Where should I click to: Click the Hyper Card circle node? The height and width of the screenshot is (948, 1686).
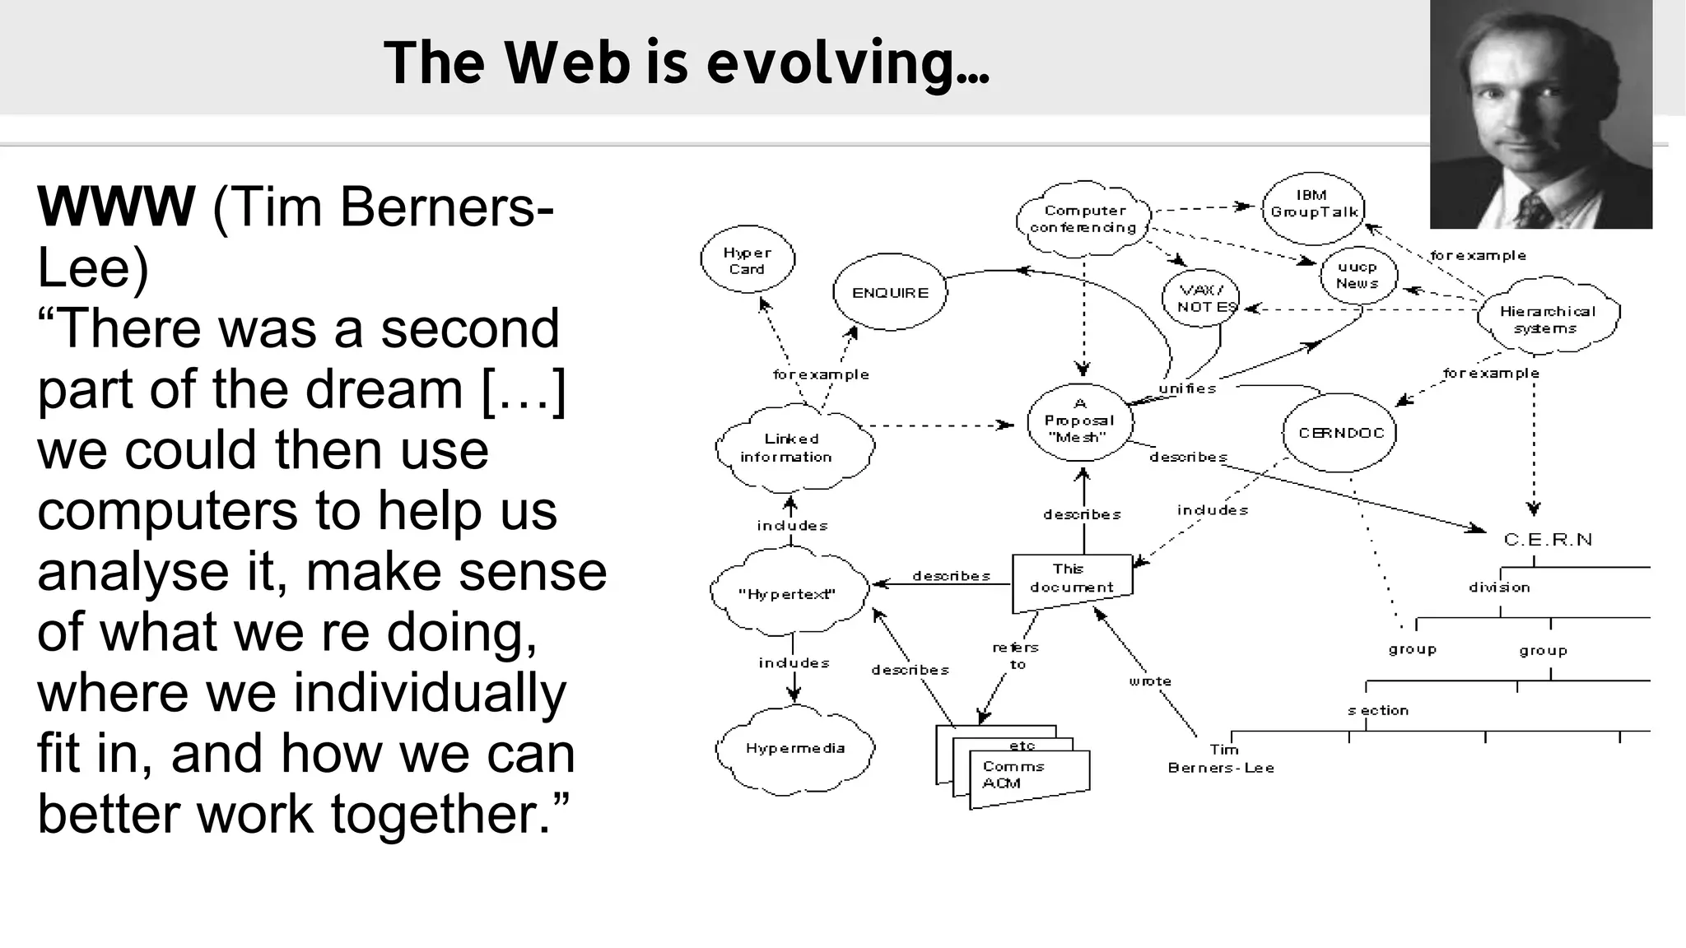748,260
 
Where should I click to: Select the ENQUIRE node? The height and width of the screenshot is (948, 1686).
890,293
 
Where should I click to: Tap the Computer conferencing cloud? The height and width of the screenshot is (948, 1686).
1083,219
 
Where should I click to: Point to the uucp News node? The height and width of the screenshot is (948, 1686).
1358,275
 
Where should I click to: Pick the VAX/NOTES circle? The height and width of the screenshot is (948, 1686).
1202,299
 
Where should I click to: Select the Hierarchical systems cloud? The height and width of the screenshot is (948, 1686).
1547,318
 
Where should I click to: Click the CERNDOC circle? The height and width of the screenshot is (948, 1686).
1340,433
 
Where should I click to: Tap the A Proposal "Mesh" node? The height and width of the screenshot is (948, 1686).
1080,421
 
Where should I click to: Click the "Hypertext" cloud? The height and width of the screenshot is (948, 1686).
789,593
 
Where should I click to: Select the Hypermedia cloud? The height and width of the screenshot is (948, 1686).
794,748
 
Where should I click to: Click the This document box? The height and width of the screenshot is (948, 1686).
1071,579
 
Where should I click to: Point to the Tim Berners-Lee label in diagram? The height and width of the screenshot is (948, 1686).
1222,759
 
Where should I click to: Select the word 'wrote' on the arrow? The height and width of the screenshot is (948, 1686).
1150,681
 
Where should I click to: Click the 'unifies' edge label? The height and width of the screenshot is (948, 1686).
1187,388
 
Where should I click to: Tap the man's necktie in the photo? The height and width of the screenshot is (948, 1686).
1532,210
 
